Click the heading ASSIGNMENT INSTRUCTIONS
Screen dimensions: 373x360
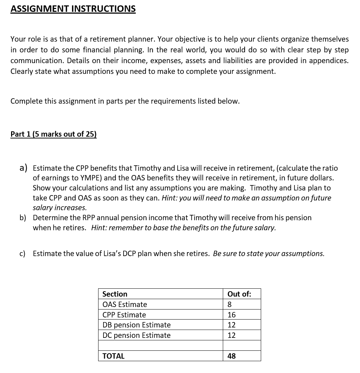click(73, 9)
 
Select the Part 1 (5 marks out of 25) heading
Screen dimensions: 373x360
click(53, 134)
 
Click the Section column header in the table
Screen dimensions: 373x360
click(115, 294)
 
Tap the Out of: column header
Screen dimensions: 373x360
click(239, 294)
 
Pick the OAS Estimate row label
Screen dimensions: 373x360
click(125, 304)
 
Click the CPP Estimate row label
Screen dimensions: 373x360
click(124, 315)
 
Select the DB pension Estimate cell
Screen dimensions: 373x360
click(136, 325)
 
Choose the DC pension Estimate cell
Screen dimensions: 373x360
click(136, 335)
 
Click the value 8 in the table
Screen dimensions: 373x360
click(230, 304)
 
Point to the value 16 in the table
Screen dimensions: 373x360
click(231, 315)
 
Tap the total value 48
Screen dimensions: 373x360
click(231, 356)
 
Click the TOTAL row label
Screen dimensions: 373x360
click(113, 356)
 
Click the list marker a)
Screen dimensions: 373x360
click(24, 168)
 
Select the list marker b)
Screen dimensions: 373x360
click(23, 218)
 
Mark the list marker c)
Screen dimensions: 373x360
click(23, 254)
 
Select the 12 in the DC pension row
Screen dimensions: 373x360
click(231, 335)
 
